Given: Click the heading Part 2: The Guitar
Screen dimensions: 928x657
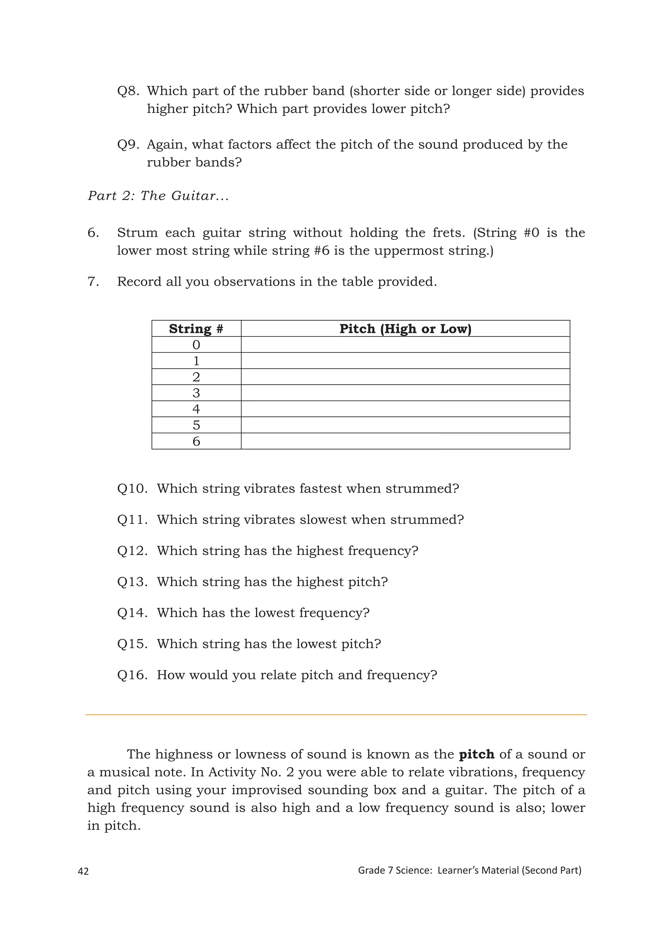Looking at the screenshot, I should pyautogui.click(x=158, y=196).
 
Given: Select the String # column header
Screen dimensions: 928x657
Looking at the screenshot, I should pyautogui.click(x=196, y=328).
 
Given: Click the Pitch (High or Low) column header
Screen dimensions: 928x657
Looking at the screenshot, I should pyautogui.click(x=405, y=328).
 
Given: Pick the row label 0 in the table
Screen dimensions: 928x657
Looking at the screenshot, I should pyautogui.click(x=196, y=345).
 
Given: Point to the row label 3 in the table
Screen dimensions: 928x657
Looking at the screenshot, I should pyautogui.click(x=196, y=393).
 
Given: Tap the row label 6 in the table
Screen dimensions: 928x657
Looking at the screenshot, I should pyautogui.click(x=196, y=441).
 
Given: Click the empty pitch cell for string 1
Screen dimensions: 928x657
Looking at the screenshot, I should pyautogui.click(x=405, y=360).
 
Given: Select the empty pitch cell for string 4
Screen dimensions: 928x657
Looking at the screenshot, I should pyautogui.click(x=405, y=409).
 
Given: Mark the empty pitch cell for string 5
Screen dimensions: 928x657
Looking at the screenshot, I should pyautogui.click(x=405, y=425).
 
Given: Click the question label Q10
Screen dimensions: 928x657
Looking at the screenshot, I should pyautogui.click(x=132, y=489).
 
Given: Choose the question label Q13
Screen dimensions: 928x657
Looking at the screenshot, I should pyautogui.click(x=132, y=582).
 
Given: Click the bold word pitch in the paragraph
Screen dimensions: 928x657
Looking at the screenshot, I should pyautogui.click(x=477, y=755).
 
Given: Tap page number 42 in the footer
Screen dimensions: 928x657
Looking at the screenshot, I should pyautogui.click(x=83, y=871).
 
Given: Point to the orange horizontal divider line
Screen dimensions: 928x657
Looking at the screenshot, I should pyautogui.click(x=336, y=715).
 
